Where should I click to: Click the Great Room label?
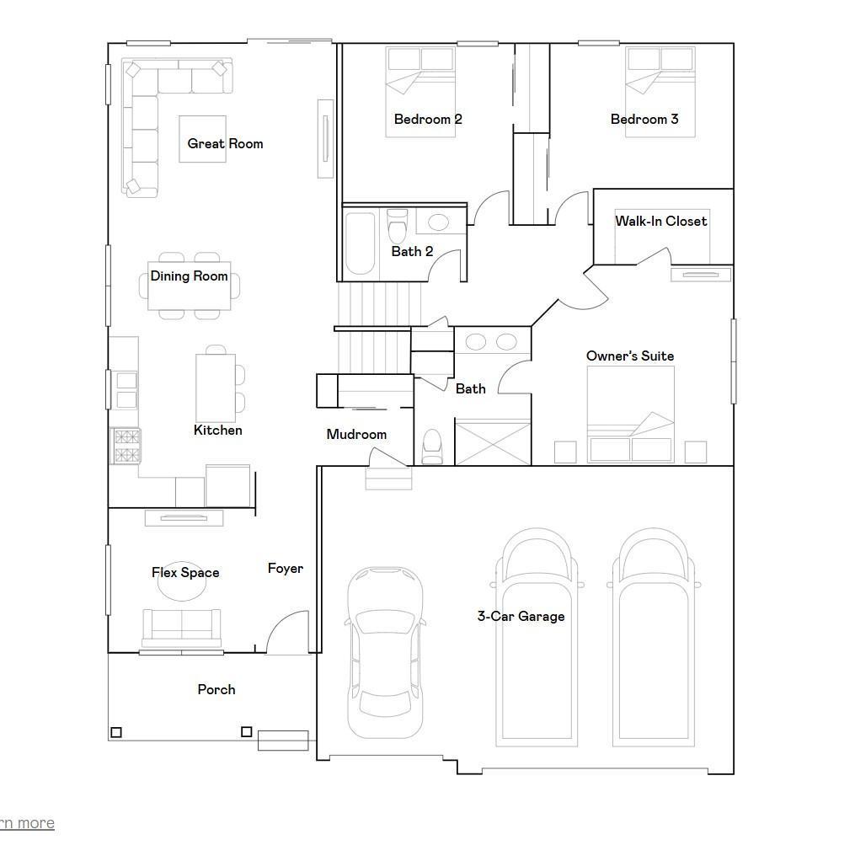tap(225, 143)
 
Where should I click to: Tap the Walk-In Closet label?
tap(661, 221)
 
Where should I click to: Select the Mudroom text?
tap(356, 435)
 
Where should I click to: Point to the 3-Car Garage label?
tap(521, 617)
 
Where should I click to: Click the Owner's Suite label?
tap(630, 356)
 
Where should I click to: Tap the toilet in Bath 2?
tap(397, 226)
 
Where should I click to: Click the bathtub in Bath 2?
tap(361, 243)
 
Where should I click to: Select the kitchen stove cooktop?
tap(126, 446)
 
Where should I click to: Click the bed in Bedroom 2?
tap(420, 92)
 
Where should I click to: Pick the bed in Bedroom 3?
tap(660, 92)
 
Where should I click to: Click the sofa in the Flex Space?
tap(182, 628)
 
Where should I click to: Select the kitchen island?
tap(216, 388)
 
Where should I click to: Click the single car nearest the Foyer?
tap(385, 652)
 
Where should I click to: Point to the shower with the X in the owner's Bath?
tap(493, 442)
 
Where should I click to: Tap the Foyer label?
tap(285, 569)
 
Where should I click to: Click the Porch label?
tap(216, 689)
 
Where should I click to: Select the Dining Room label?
tap(189, 276)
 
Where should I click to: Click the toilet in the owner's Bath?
tap(432, 447)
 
